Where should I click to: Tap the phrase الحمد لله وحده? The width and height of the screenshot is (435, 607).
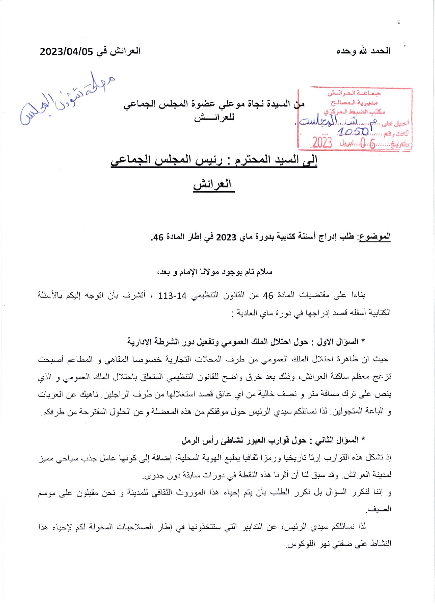point(364,51)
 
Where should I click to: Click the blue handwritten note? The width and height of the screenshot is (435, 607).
point(66,99)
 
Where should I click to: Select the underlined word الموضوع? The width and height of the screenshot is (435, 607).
point(375,237)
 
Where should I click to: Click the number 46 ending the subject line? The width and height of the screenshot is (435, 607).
point(158,238)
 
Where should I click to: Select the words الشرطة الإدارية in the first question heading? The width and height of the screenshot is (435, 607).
point(153,342)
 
